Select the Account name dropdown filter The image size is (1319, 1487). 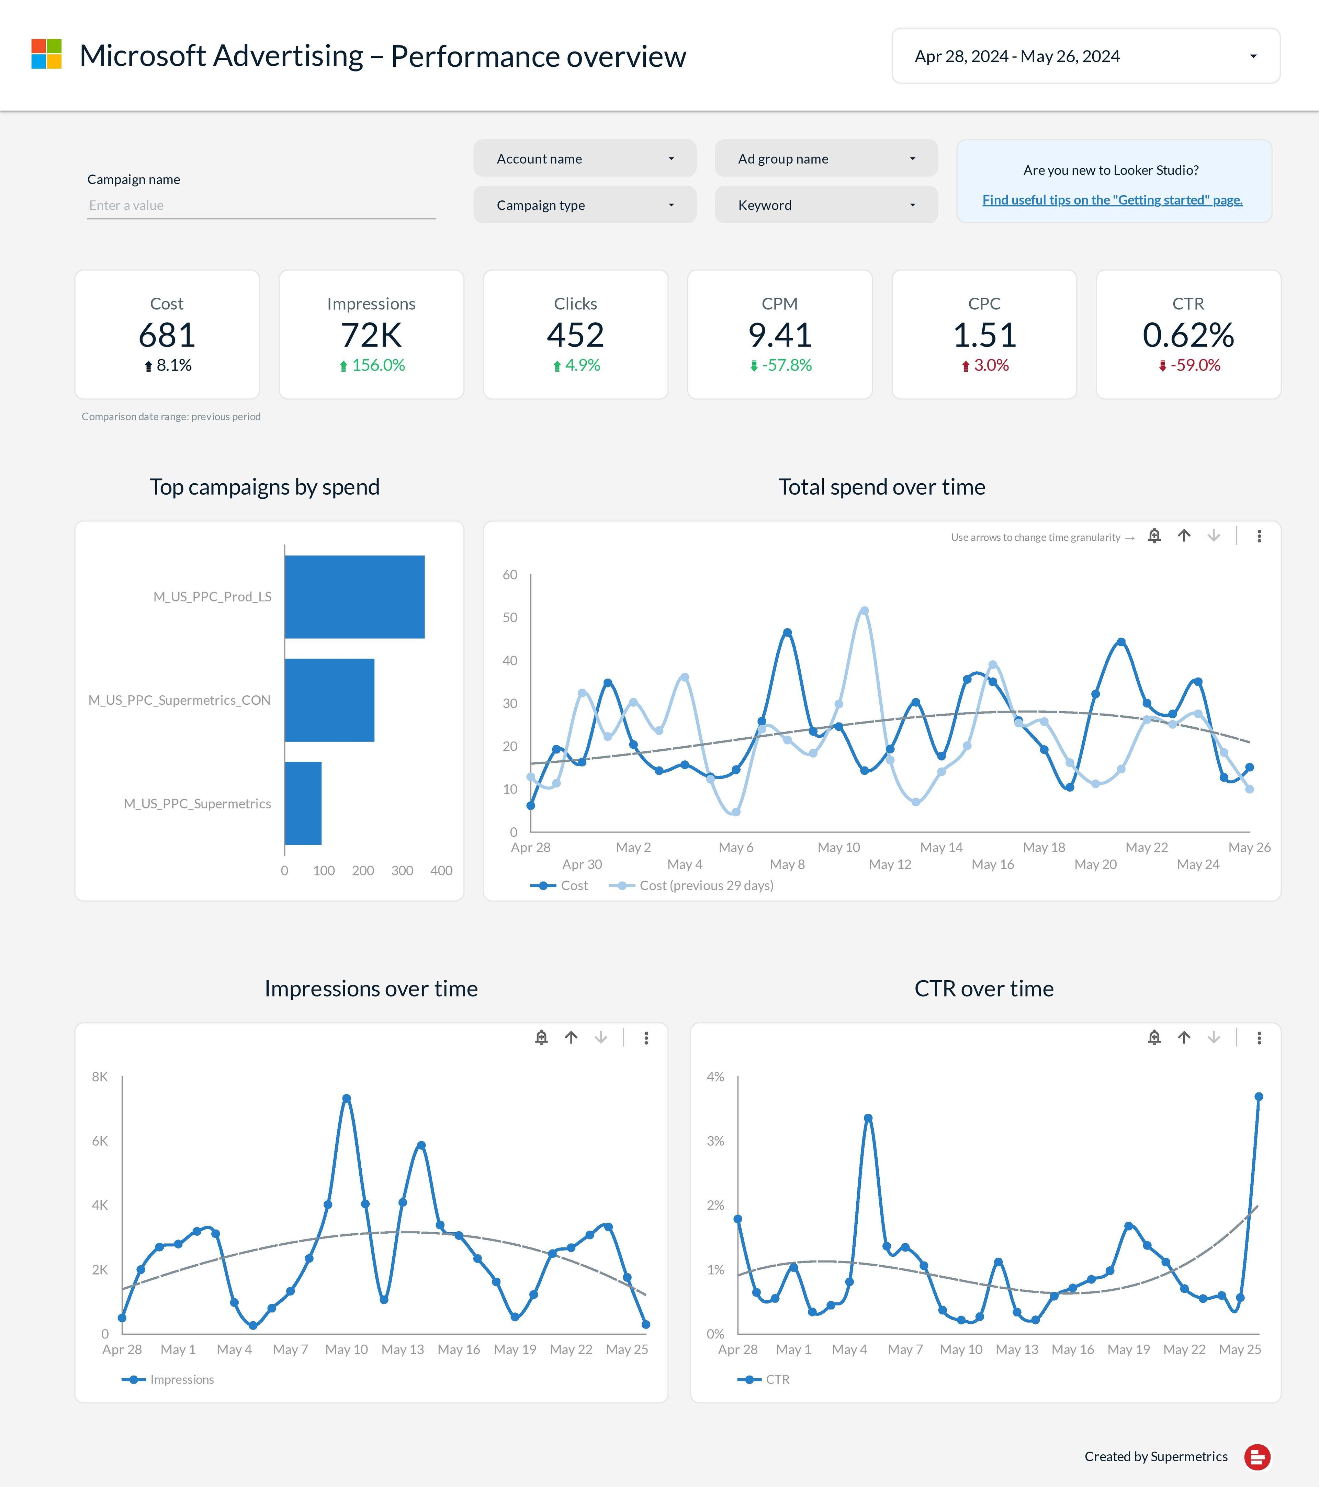tap(585, 158)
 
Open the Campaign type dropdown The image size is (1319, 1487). tap(585, 205)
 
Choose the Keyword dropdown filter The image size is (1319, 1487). tap(826, 205)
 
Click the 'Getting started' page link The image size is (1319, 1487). tap(1112, 200)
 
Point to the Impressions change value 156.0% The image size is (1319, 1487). tap(378, 365)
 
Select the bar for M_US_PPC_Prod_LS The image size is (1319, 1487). tap(354, 596)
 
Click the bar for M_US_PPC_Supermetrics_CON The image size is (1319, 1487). tap(329, 700)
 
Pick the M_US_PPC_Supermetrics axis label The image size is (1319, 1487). tap(197, 803)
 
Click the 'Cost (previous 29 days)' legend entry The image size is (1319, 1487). tap(705, 885)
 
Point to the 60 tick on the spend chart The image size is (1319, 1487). tap(510, 575)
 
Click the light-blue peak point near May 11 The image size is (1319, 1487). tap(864, 611)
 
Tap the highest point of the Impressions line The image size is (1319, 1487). tap(347, 1099)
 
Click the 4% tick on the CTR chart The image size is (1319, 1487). tap(715, 1077)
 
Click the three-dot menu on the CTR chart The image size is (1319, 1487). tap(1259, 1037)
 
